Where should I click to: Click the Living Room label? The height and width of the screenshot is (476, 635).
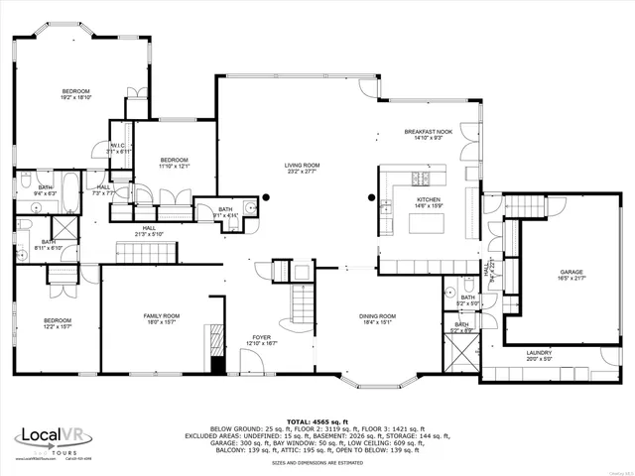tap(302, 166)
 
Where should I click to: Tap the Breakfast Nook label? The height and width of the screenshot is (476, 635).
tap(429, 132)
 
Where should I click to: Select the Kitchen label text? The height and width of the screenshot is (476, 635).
tap(428, 200)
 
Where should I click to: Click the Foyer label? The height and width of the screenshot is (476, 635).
tap(261, 337)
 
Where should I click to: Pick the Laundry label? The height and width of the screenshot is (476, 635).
tap(539, 352)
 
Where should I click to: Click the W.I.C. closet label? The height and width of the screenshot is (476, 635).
tap(116, 146)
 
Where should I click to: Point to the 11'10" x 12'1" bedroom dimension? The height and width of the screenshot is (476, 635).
tap(175, 166)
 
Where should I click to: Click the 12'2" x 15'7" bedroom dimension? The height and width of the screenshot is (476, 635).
tap(58, 325)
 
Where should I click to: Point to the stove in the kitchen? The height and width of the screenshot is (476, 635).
tap(421, 179)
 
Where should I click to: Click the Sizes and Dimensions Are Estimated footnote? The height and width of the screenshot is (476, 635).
tap(317, 463)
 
